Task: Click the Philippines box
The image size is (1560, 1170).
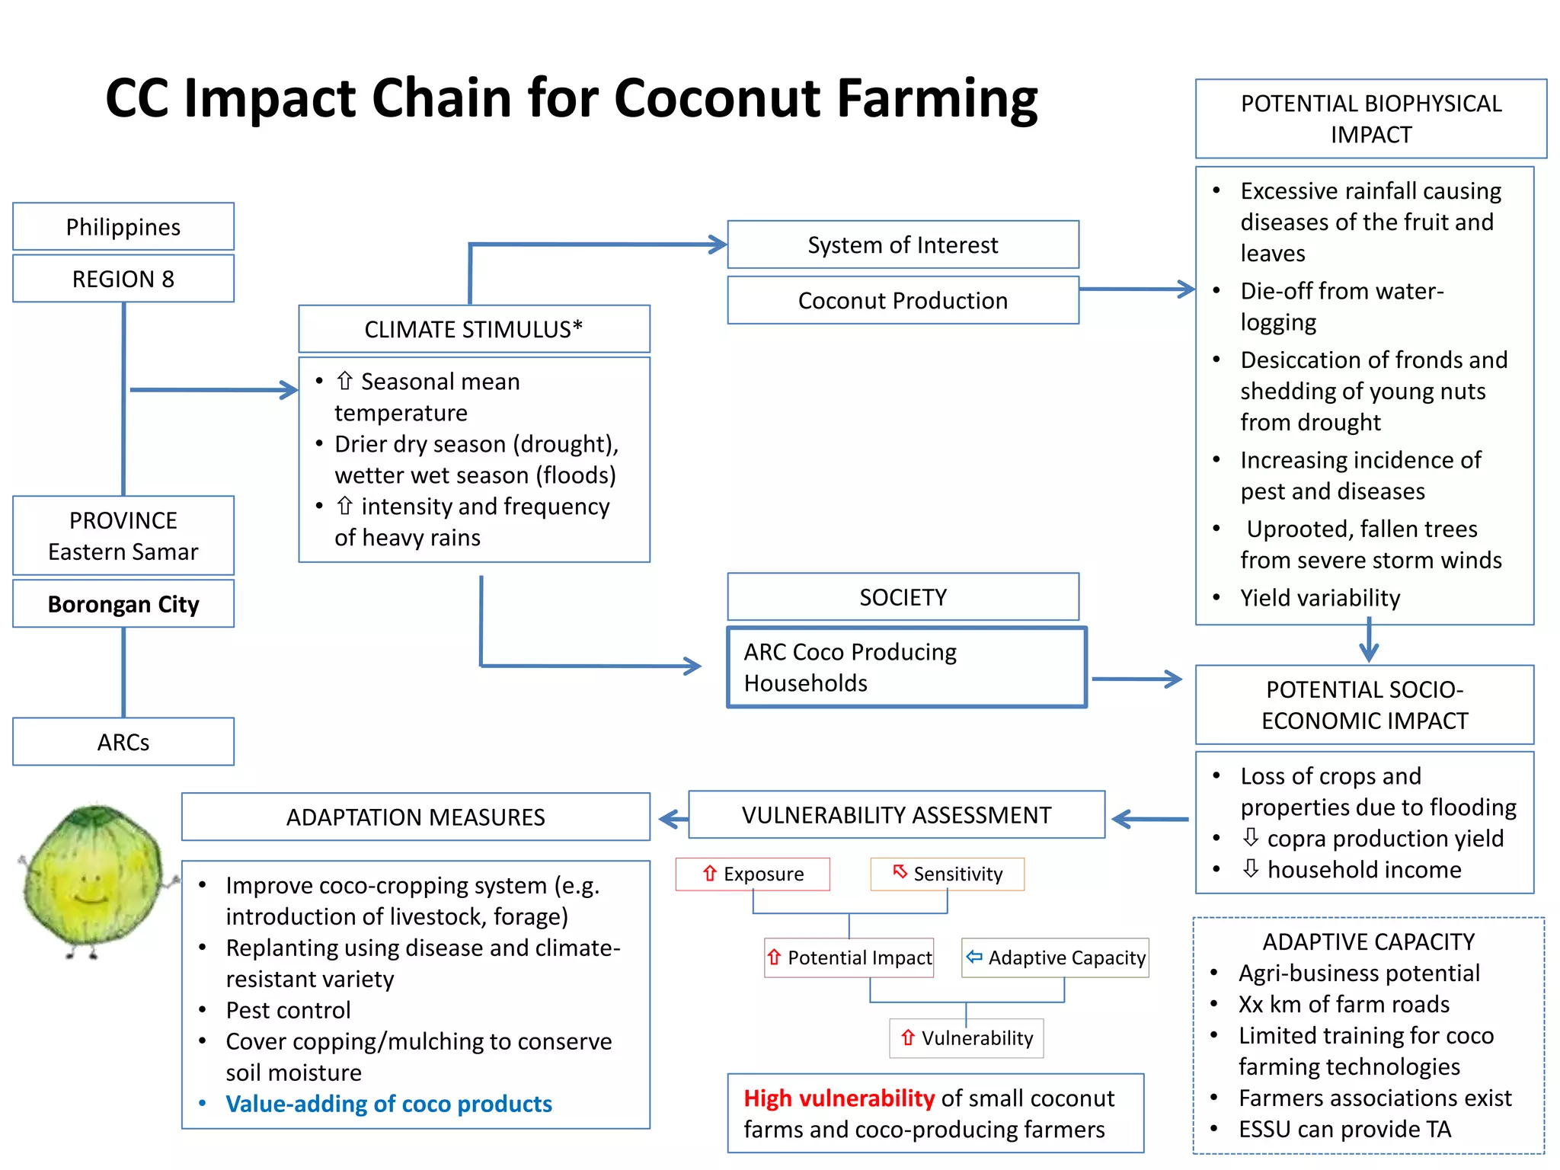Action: pyautogui.click(x=123, y=227)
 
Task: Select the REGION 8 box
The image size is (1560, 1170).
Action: pyautogui.click(x=123, y=279)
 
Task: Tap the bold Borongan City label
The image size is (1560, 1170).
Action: pyautogui.click(x=123, y=604)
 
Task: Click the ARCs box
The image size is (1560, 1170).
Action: pyautogui.click(x=123, y=742)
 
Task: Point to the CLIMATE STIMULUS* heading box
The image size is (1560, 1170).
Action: pyautogui.click(x=473, y=329)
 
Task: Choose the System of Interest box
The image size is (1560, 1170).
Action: pyautogui.click(x=903, y=245)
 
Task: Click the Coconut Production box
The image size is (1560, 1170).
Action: pyautogui.click(x=903, y=300)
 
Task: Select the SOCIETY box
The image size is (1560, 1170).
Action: pyautogui.click(x=903, y=597)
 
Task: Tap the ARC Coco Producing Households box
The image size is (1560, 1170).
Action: pyautogui.click(x=906, y=667)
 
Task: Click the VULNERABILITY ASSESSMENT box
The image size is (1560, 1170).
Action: pyautogui.click(x=896, y=815)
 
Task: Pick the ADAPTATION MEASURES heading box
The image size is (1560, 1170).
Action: pyautogui.click(x=415, y=817)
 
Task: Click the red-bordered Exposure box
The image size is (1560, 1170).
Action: pyautogui.click(x=753, y=874)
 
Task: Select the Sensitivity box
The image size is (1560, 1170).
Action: pyautogui.click(x=948, y=874)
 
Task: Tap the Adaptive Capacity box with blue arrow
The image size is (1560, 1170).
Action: pyautogui.click(x=1055, y=957)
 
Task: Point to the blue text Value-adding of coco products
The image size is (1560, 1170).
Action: pyautogui.click(x=388, y=1104)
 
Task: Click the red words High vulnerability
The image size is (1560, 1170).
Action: pyautogui.click(x=839, y=1098)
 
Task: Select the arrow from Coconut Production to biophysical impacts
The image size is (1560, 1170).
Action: pyautogui.click(x=1136, y=289)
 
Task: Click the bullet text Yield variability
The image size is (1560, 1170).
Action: pyautogui.click(x=1319, y=598)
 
